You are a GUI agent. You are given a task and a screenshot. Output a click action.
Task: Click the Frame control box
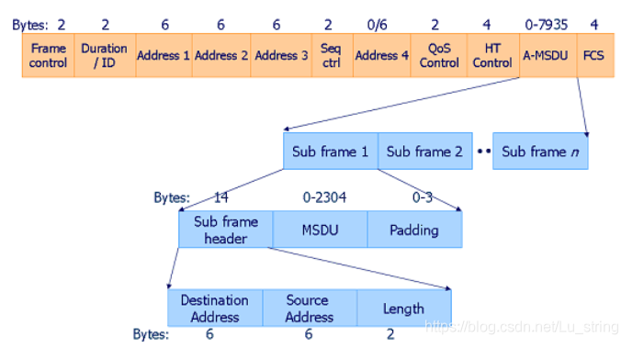[49, 55]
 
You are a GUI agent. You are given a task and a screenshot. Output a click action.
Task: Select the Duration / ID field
[105, 55]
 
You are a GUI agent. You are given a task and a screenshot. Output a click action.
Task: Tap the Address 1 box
[164, 55]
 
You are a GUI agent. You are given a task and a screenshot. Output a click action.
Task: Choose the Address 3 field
[277, 55]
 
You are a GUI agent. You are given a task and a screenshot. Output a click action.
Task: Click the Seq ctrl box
[330, 55]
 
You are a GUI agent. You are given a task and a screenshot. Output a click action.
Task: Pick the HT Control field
[491, 55]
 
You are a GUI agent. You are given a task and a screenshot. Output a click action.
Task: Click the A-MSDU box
[546, 55]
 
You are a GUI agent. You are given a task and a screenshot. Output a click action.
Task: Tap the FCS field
[593, 55]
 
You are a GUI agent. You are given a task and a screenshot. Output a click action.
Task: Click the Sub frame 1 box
[330, 152]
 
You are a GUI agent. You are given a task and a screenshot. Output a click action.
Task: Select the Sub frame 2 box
[424, 152]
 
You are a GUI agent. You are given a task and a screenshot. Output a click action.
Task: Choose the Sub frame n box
[539, 152]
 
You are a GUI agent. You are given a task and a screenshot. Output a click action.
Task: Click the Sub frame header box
[225, 230]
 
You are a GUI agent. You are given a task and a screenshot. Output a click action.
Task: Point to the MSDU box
[320, 230]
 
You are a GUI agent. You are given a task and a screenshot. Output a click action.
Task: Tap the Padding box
[414, 230]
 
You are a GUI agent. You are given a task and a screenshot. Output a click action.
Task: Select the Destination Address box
[215, 309]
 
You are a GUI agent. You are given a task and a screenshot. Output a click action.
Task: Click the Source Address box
[310, 309]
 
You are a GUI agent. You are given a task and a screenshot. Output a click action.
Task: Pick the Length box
[403, 309]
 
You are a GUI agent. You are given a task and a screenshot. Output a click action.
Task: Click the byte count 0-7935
[546, 24]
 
